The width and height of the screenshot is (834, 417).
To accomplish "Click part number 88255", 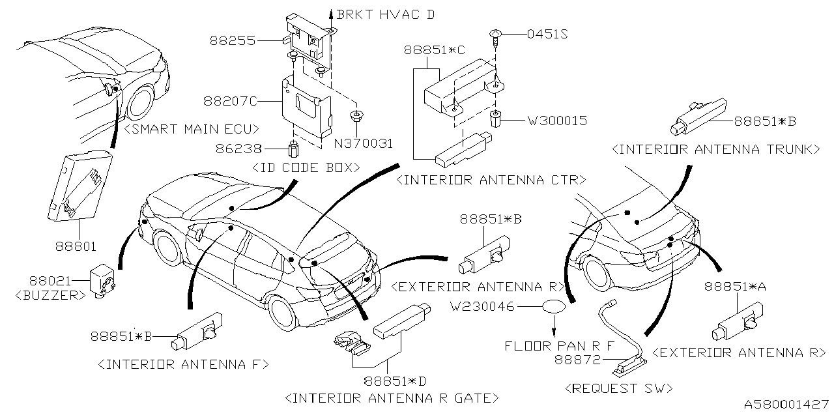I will pos(232,40).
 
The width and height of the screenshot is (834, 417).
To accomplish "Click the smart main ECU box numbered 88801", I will pos(78,181).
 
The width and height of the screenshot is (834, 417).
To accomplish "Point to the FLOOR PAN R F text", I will pos(559,345).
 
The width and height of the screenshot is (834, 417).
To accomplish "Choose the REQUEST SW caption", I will pos(620,388).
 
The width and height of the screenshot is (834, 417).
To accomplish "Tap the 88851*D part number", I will pos(391,380).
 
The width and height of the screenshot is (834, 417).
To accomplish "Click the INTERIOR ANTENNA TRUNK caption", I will pos(715,149).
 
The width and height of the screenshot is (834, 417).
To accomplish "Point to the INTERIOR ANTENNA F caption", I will pos(182,364).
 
